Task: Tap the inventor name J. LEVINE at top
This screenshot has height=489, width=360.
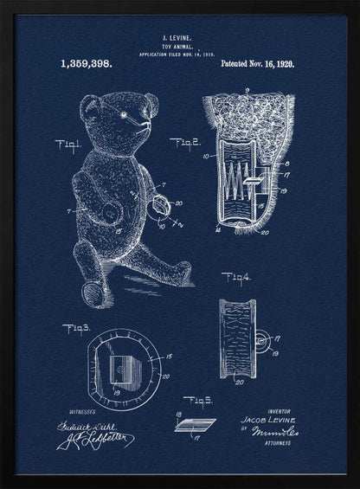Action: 179,38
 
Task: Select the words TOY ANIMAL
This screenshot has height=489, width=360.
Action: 179,46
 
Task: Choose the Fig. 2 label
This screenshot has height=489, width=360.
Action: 184,143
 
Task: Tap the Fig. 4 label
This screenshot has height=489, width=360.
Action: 235,277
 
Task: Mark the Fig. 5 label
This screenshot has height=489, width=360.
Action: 197,400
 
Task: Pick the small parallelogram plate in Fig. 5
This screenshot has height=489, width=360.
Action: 195,423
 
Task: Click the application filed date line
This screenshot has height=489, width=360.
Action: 179,54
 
